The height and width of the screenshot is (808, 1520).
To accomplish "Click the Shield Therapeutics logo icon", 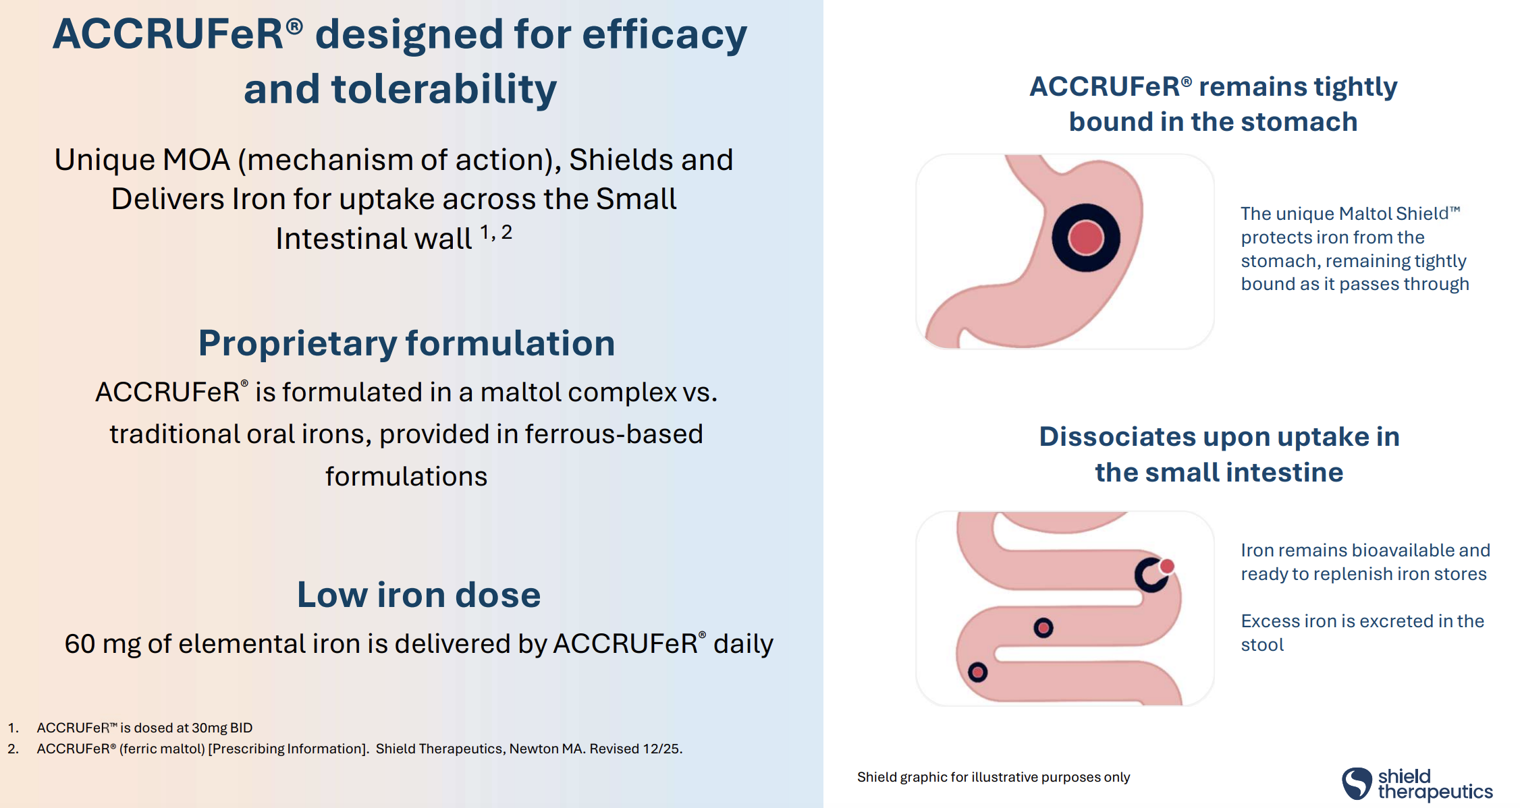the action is coord(1357,784).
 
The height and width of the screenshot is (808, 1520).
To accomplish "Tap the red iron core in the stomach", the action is coord(1086,238).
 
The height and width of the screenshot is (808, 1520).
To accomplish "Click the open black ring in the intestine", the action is coord(1149,575).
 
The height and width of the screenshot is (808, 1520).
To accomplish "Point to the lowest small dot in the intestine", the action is coord(977,672).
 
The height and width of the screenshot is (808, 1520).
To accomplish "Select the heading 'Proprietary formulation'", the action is coord(406,343).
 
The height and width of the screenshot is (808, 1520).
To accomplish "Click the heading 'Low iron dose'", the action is coord(418,594).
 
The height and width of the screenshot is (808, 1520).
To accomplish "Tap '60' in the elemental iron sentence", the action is coord(80,644).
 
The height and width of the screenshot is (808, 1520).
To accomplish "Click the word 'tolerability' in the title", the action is coord(444,89).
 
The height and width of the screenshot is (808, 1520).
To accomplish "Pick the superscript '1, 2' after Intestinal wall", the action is coord(496,233).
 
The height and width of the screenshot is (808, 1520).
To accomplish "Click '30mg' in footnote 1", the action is coord(209,728).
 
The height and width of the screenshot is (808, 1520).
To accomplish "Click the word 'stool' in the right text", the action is coord(1262,645).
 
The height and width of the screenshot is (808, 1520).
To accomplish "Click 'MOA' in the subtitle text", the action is coord(196,160).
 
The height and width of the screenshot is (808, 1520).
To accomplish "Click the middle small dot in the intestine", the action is coord(1043,628).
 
